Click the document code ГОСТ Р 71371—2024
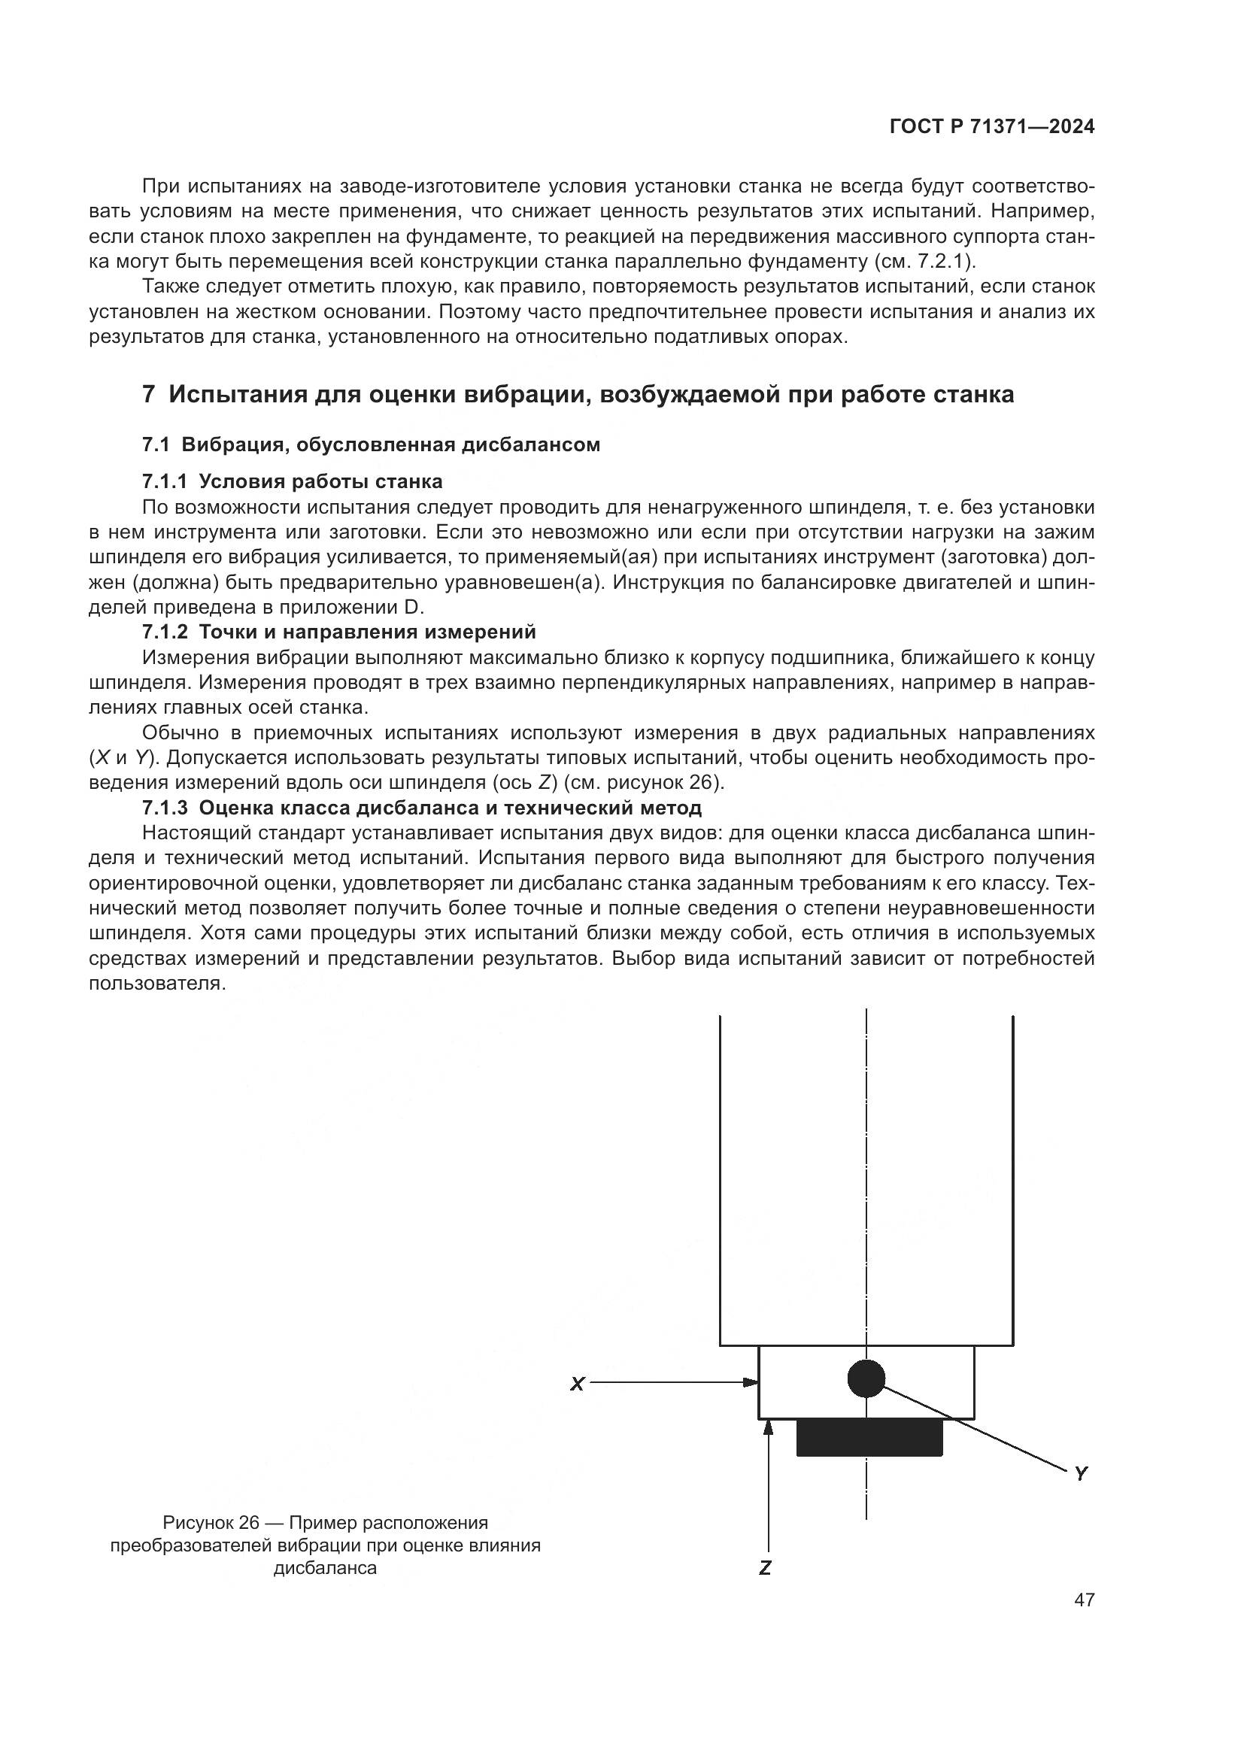pos(991,127)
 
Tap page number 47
pos(1084,1600)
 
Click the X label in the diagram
pos(577,1384)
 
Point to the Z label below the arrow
pos(764,1568)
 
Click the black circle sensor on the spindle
pos(866,1379)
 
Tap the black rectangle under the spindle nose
pos(869,1437)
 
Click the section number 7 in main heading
pos(150,395)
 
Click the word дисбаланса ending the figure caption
pos(326,1568)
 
